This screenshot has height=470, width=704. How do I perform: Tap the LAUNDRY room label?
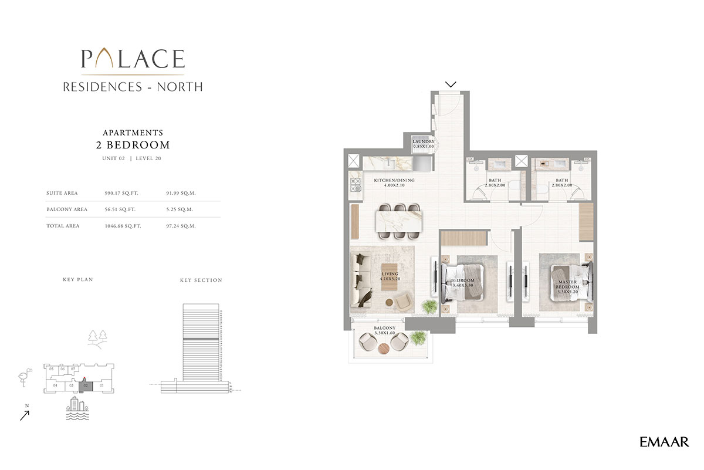(x=423, y=144)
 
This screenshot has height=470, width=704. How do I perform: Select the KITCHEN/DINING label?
(x=394, y=182)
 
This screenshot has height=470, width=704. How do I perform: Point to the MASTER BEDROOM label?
(x=567, y=285)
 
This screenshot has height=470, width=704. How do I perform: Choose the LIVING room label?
(x=390, y=277)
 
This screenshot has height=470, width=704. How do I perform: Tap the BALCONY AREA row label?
(x=67, y=209)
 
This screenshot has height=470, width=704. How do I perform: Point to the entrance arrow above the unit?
(x=451, y=84)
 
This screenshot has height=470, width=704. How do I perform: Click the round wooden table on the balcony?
(x=384, y=349)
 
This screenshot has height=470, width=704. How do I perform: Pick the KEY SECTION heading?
(x=201, y=280)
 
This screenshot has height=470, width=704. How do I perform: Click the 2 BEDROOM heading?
(x=133, y=144)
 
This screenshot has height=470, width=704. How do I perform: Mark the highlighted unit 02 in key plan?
(x=86, y=386)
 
